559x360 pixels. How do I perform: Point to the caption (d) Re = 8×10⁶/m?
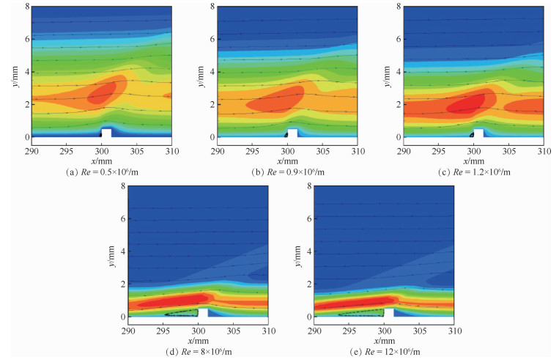(198, 350)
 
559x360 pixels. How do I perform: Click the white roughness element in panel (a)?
(106, 133)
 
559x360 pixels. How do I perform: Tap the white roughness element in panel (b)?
(292, 133)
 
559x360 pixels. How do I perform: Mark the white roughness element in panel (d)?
(203, 312)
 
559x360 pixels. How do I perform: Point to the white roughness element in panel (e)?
(388, 312)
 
